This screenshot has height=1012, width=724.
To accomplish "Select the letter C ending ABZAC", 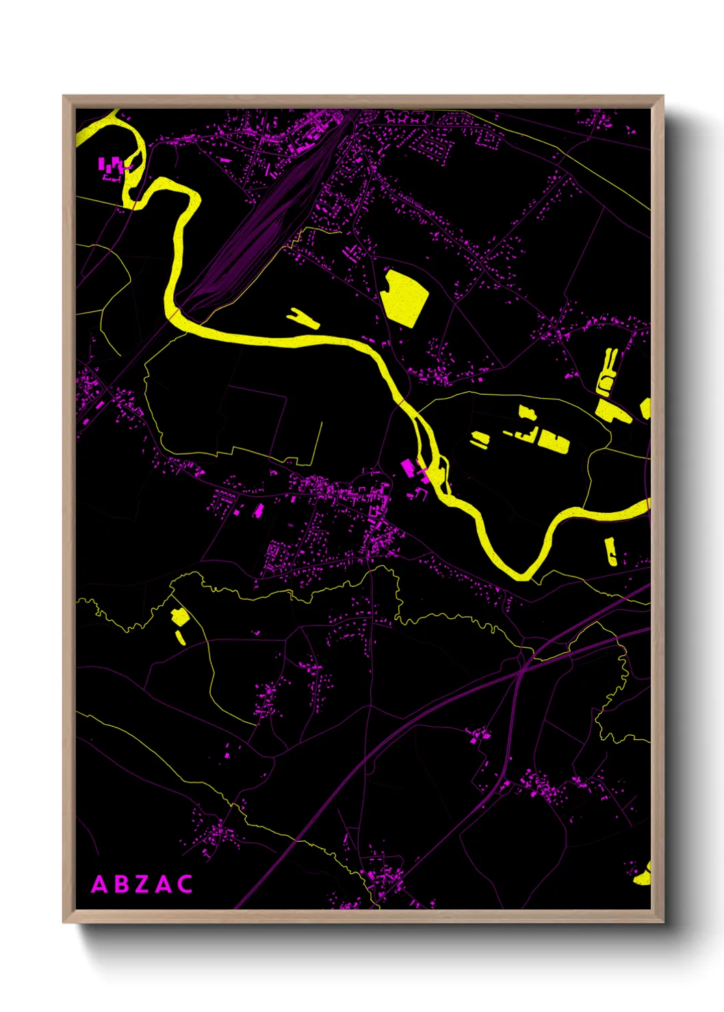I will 185,884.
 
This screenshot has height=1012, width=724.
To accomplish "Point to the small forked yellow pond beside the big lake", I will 302,318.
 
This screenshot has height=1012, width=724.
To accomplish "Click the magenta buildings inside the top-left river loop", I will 113,166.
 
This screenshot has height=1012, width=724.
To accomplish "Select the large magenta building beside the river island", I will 408,468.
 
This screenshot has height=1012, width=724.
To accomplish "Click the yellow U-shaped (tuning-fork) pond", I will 607,373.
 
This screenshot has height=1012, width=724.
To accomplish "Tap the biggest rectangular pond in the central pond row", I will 553,441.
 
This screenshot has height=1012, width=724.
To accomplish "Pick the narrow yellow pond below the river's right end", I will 610,551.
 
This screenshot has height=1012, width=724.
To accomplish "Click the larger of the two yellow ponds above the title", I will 180,617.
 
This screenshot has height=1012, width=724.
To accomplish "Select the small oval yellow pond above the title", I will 180,637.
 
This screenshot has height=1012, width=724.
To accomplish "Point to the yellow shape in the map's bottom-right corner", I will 643,875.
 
